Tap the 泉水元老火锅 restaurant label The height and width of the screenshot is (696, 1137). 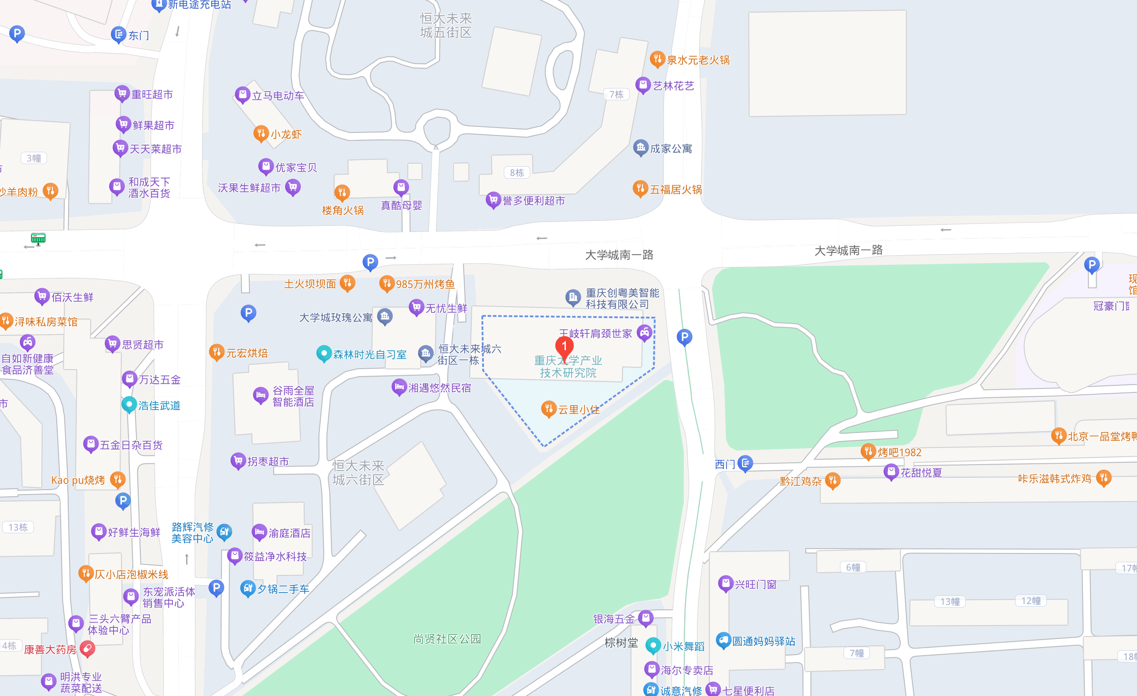pos(698,60)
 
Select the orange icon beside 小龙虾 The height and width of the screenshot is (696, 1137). pos(261,133)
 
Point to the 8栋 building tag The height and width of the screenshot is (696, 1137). pos(517,172)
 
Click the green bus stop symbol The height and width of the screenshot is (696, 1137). pos(38,238)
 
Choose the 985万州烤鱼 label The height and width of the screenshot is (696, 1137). pos(425,284)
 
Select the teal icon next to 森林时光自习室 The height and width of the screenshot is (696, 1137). pos(324,353)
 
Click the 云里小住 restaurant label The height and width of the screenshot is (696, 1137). pos(579,410)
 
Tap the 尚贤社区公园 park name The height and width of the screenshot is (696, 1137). pos(447,638)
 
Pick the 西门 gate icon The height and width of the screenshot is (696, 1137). pos(745,463)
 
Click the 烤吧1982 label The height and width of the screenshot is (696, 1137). pos(899,452)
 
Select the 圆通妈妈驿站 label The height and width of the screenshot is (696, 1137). pos(763,641)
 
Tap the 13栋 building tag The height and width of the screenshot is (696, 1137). pos(18,527)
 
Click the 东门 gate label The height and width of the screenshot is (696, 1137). pos(139,36)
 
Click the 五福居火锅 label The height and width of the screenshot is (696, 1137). pos(675,190)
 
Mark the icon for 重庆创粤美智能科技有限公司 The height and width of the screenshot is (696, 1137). pos(572,297)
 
